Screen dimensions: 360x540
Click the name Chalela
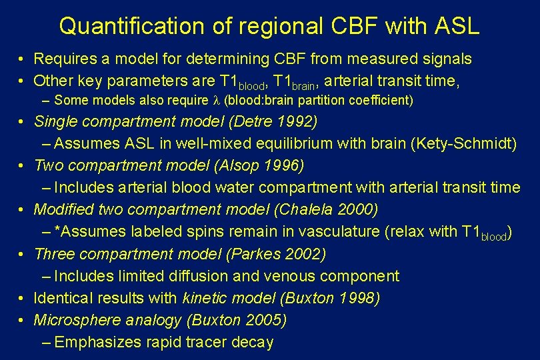click(302, 209)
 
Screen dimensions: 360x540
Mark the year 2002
click(305, 254)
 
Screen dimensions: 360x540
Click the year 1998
click(358, 298)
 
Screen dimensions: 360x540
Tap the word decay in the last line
click(254, 343)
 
